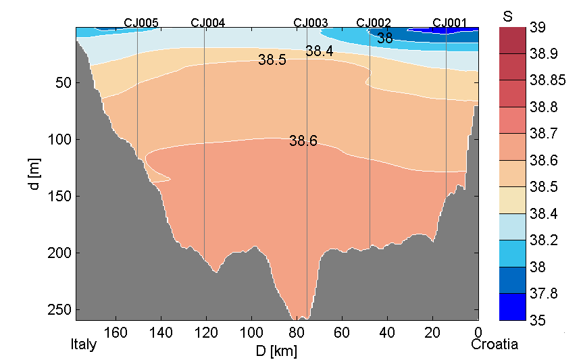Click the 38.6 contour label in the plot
pos(303,141)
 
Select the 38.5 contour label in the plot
pos(272,60)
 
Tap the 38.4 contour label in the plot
pos(319,51)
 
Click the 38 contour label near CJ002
pos(385,38)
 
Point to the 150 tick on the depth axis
pos(61,197)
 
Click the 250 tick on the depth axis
pos(61,310)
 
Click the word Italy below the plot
pos(84,345)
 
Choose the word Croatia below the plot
pos(495,345)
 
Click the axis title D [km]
pos(277,351)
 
